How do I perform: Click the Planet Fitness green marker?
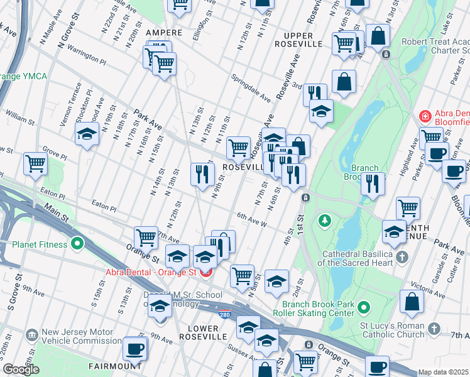(x=77, y=244)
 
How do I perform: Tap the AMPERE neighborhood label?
(x=164, y=32)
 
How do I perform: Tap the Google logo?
(x=21, y=369)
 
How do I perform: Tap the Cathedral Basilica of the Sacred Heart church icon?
(x=402, y=258)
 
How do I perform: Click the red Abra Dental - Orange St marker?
(x=204, y=272)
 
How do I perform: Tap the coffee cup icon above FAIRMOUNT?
(x=134, y=347)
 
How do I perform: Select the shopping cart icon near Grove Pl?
(x=36, y=163)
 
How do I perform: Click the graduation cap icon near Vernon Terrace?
(x=87, y=133)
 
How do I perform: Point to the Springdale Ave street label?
(x=250, y=88)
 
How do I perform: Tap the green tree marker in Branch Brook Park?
(x=325, y=221)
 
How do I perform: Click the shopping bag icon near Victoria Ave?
(x=412, y=302)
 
